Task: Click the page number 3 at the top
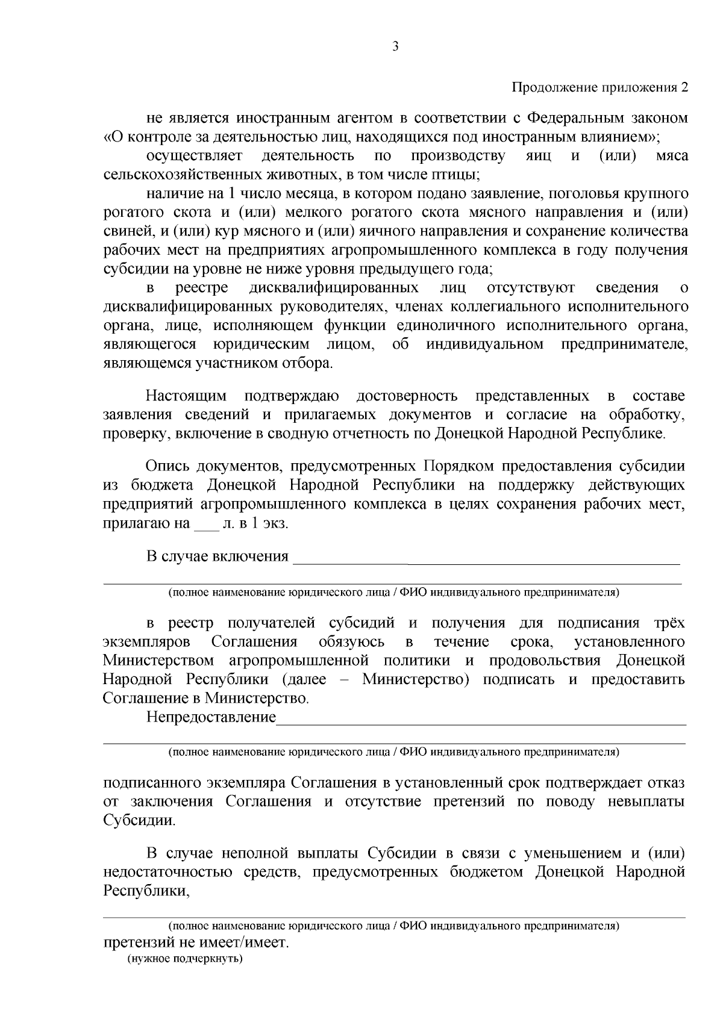tap(395, 48)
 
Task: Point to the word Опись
tap(166, 467)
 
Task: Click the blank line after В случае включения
tap(485, 558)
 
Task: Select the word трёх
tap(669, 623)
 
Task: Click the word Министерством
tap(158, 661)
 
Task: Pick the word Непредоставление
tap(211, 717)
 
